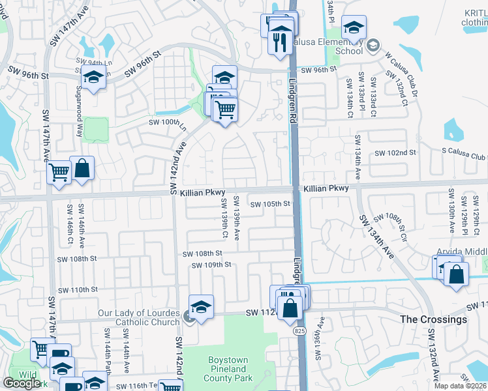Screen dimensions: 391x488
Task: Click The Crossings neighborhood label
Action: coord(433,319)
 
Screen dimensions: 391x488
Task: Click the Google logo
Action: coord(22,383)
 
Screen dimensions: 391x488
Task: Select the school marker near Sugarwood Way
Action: coord(93,78)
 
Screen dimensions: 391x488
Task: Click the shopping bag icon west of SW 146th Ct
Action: coord(82,168)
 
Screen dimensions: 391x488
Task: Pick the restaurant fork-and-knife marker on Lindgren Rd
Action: coord(281,42)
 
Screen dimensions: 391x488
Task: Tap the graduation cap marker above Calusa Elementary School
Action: coord(354,27)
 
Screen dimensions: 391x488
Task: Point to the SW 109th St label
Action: coord(212,265)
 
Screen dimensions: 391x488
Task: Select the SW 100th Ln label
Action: coord(168,122)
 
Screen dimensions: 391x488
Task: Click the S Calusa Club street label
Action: coord(464,156)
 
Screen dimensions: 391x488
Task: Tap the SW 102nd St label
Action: coord(395,152)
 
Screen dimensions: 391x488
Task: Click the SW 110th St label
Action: coord(78,289)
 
